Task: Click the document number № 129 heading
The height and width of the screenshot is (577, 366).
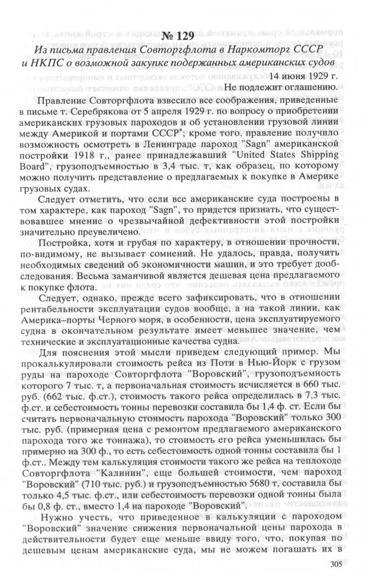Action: [x=180, y=37]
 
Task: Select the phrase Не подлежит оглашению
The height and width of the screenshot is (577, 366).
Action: [x=280, y=87]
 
